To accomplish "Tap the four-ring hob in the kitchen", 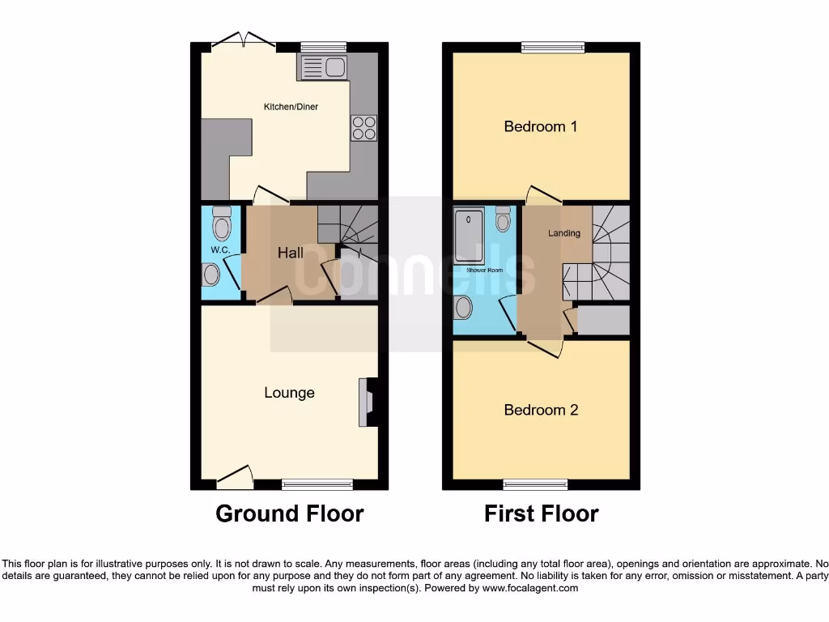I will click(363, 128).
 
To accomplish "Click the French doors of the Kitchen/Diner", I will click(244, 43).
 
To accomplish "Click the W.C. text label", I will click(220, 250).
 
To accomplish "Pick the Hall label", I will click(291, 253).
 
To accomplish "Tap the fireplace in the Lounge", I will click(368, 402).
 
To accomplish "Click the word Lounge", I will click(289, 393).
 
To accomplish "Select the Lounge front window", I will click(317, 485).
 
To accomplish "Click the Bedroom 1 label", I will click(541, 126).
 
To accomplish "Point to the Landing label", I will click(564, 233).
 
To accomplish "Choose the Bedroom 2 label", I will click(541, 410).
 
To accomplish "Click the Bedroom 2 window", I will click(535, 485).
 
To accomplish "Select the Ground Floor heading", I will click(289, 513).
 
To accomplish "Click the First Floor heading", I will click(541, 513).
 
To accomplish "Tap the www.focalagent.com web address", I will click(530, 589).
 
